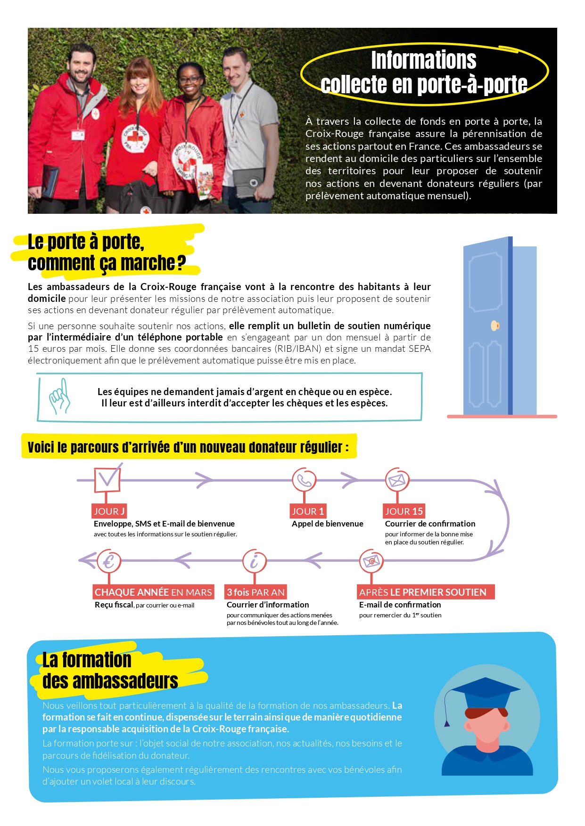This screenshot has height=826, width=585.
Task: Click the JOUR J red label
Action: (109, 511)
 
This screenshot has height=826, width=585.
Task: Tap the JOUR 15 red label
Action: (404, 511)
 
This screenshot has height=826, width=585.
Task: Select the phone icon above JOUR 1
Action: (304, 480)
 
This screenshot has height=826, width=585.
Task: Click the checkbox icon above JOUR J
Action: (107, 479)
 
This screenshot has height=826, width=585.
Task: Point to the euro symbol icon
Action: (109, 561)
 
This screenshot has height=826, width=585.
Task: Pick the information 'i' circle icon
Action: (255, 561)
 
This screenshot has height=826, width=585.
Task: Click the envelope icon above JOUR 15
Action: (397, 480)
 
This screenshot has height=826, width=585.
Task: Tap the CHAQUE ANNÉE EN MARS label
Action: (153, 592)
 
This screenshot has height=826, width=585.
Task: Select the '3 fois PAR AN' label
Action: (255, 592)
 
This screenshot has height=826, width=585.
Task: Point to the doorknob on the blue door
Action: (494, 325)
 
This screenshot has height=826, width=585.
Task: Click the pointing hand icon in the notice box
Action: (60, 397)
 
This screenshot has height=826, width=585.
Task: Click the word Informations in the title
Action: (423, 60)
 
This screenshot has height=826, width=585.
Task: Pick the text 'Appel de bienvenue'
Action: (327, 524)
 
